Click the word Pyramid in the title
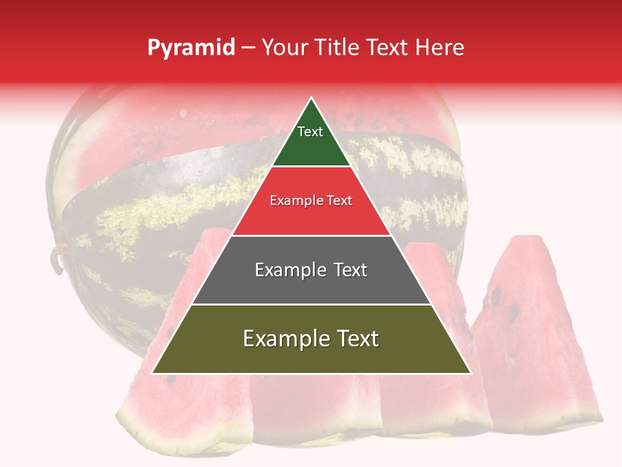point(190,48)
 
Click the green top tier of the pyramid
point(311,146)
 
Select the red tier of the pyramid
point(311,217)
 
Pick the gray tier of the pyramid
point(311,285)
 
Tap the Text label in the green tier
point(310,132)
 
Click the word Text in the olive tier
point(356,339)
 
